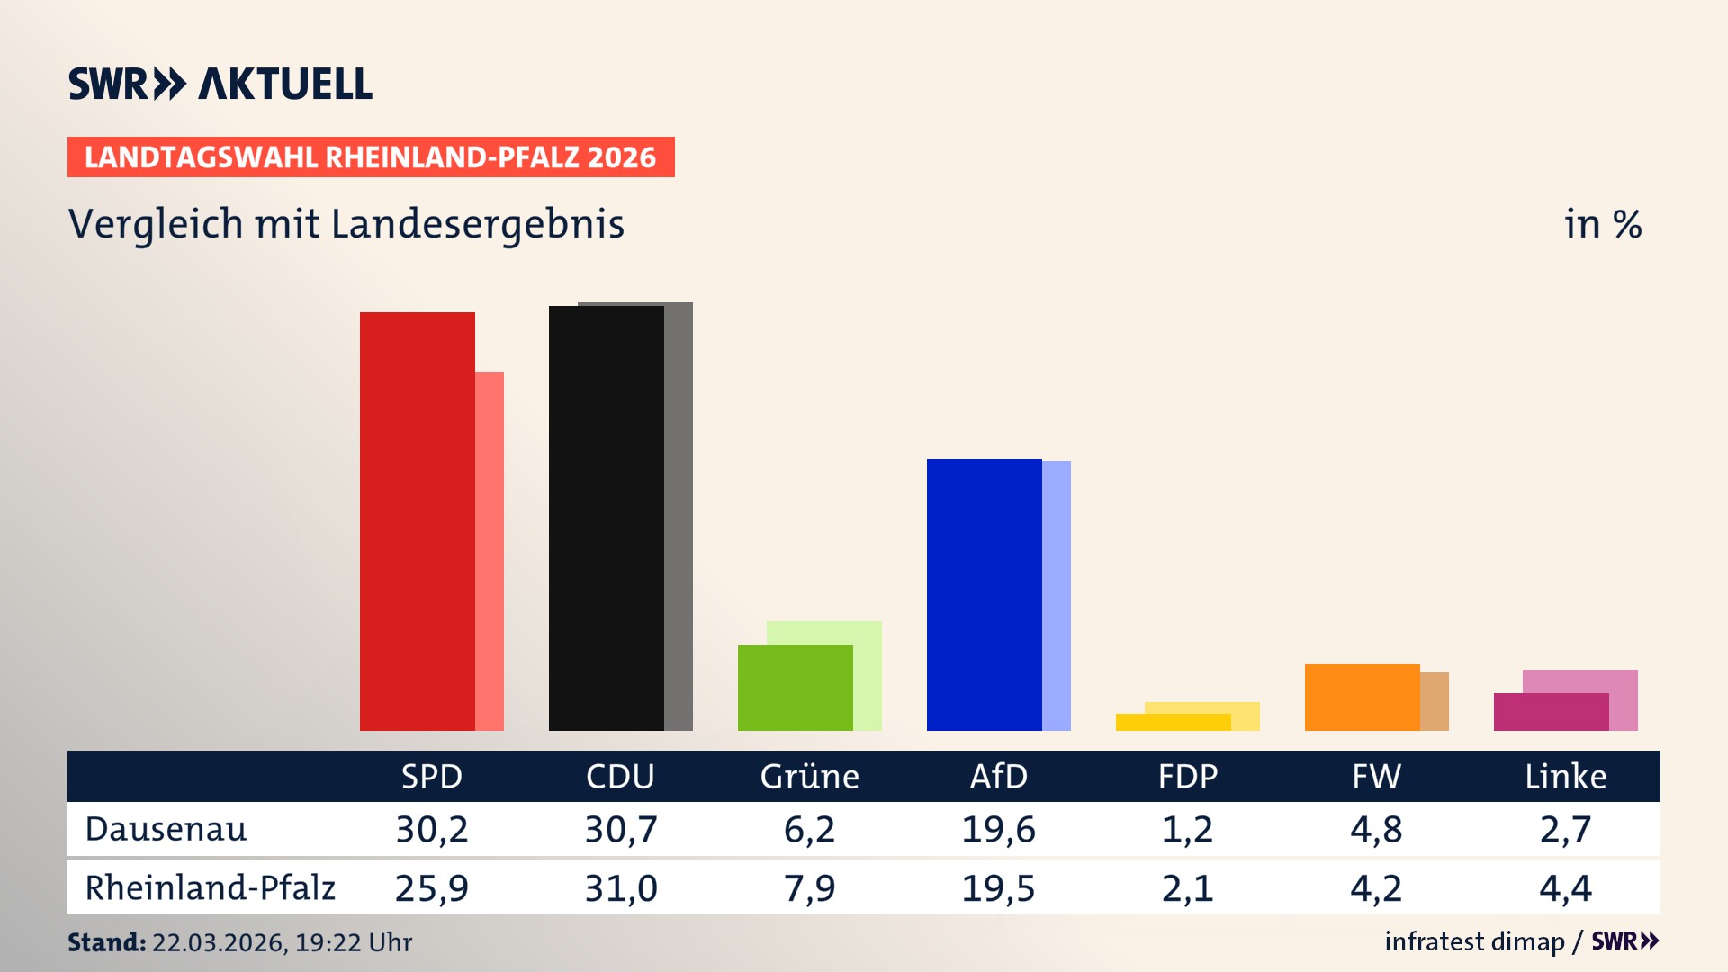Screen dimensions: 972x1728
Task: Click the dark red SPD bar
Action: point(417,522)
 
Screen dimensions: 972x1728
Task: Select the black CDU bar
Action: point(606,518)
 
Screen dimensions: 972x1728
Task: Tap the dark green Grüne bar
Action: point(795,688)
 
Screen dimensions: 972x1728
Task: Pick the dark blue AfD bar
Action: point(984,594)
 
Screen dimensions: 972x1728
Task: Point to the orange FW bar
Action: point(1362,697)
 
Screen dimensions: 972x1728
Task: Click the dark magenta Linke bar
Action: point(1551,712)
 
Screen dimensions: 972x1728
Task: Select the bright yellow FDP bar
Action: point(1173,722)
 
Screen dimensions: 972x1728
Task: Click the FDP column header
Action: point(1187,777)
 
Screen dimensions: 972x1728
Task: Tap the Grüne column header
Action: point(809,777)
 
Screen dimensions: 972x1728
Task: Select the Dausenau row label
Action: point(166,829)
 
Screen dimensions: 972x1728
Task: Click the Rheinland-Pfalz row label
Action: point(210,888)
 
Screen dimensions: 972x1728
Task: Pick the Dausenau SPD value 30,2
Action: point(432,829)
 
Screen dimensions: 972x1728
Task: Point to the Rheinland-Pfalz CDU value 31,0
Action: point(621,888)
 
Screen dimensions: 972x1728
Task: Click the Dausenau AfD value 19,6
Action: point(998,829)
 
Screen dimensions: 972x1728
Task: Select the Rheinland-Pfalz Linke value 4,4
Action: point(1565,888)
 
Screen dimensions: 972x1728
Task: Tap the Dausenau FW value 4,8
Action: point(1376,829)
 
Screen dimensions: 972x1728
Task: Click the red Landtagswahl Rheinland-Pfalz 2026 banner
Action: point(371,157)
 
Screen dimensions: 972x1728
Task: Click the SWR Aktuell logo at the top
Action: point(220,84)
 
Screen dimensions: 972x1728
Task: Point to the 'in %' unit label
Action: point(1602,224)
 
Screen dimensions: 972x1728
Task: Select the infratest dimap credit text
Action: point(1474,941)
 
